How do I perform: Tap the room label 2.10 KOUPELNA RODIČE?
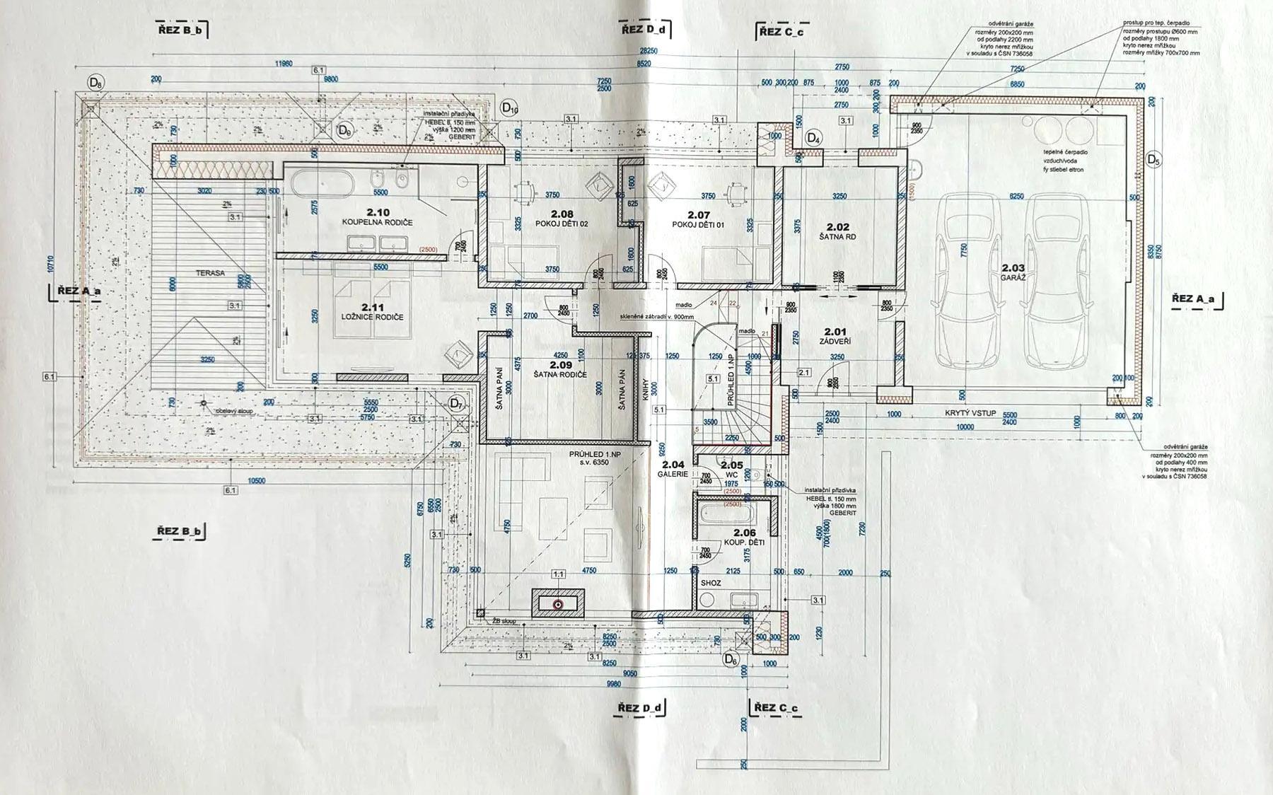point(377,217)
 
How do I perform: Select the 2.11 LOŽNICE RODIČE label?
point(381,312)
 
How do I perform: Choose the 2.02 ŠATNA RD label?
point(837,232)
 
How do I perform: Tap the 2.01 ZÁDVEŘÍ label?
point(835,335)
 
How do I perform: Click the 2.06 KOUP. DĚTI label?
point(745,538)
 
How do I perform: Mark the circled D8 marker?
point(95,83)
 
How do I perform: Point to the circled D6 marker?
point(731,659)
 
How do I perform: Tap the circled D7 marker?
point(456,404)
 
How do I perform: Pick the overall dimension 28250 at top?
point(649,51)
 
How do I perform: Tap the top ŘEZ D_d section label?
point(644,30)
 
